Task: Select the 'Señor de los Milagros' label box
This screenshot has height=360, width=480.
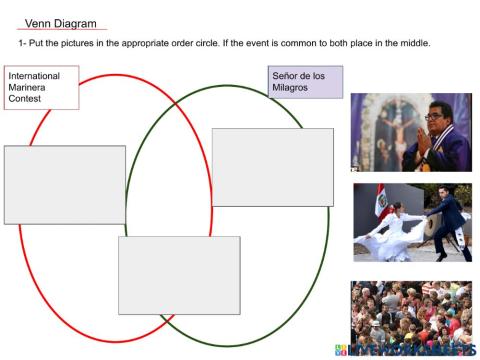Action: (x=306, y=82)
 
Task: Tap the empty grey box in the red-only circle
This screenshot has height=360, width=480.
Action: (x=65, y=184)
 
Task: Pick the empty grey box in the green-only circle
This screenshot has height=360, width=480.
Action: (x=272, y=167)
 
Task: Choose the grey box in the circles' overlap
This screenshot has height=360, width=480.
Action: (x=179, y=275)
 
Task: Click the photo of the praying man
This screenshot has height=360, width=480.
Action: (x=411, y=132)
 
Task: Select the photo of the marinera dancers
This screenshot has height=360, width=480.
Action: (x=412, y=222)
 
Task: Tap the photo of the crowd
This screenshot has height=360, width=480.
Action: (x=411, y=312)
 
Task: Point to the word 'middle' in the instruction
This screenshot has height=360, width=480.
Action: (x=411, y=42)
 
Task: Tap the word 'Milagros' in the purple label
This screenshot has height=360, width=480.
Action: (x=290, y=88)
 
